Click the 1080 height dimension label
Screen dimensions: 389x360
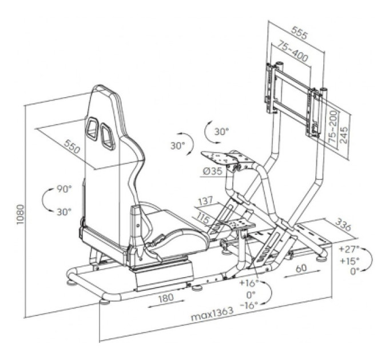pyautogui.click(x=20, y=214)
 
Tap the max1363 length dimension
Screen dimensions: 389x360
pyautogui.click(x=212, y=314)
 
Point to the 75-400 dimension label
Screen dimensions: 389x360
pyautogui.click(x=292, y=51)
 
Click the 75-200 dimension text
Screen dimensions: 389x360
pyautogui.click(x=333, y=126)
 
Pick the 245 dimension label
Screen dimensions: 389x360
pyautogui.click(x=344, y=135)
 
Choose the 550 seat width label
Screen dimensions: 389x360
pyautogui.click(x=72, y=146)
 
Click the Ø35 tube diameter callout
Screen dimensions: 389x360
pyautogui.click(x=213, y=171)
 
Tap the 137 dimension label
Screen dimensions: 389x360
pyautogui.click(x=205, y=201)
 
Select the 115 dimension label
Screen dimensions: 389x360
pyautogui.click(x=204, y=219)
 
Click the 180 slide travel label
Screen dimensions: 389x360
pyautogui.click(x=166, y=298)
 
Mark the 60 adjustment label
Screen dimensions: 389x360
pyautogui.click(x=301, y=268)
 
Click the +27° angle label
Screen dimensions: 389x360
pyautogui.click(x=350, y=249)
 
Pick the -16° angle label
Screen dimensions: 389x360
pyautogui.click(x=249, y=305)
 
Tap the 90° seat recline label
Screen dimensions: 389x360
pyautogui.click(x=64, y=189)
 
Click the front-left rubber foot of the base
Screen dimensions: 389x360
pyautogui.click(x=104, y=302)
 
